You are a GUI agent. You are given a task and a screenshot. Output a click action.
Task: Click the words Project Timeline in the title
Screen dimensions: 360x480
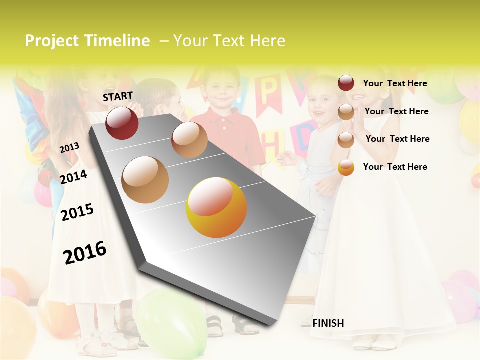point(87,41)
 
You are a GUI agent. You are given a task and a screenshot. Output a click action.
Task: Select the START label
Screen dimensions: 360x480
point(118,96)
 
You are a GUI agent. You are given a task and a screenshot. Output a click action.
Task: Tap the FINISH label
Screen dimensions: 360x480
point(328,323)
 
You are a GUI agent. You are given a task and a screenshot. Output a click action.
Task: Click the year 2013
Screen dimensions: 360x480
point(69,148)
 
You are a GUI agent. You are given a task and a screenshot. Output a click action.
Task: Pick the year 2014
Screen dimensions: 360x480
point(73,177)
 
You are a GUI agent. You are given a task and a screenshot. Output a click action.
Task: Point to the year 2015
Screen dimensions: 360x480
point(77,212)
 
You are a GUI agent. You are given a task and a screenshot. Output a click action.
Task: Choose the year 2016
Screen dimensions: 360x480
point(85,252)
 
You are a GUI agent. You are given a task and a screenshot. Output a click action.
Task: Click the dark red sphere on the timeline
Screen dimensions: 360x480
point(122,123)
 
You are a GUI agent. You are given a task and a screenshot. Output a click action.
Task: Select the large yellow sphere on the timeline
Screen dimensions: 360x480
point(216,207)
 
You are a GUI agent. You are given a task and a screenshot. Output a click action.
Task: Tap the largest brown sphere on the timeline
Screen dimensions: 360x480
point(145,179)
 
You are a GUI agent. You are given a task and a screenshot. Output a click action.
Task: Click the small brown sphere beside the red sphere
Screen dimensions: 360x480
point(189,140)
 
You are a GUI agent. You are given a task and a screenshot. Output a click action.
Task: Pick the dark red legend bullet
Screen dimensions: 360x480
point(346,83)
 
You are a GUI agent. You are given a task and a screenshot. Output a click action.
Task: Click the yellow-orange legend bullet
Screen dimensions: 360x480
point(346,167)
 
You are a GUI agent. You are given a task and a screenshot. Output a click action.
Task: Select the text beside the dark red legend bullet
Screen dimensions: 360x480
point(395,83)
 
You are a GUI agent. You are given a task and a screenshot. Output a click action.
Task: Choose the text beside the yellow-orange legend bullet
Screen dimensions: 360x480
point(395,167)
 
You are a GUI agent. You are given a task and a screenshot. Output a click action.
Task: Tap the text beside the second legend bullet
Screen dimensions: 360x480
point(396,111)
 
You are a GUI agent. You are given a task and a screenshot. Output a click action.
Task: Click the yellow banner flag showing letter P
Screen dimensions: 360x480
point(268,92)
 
